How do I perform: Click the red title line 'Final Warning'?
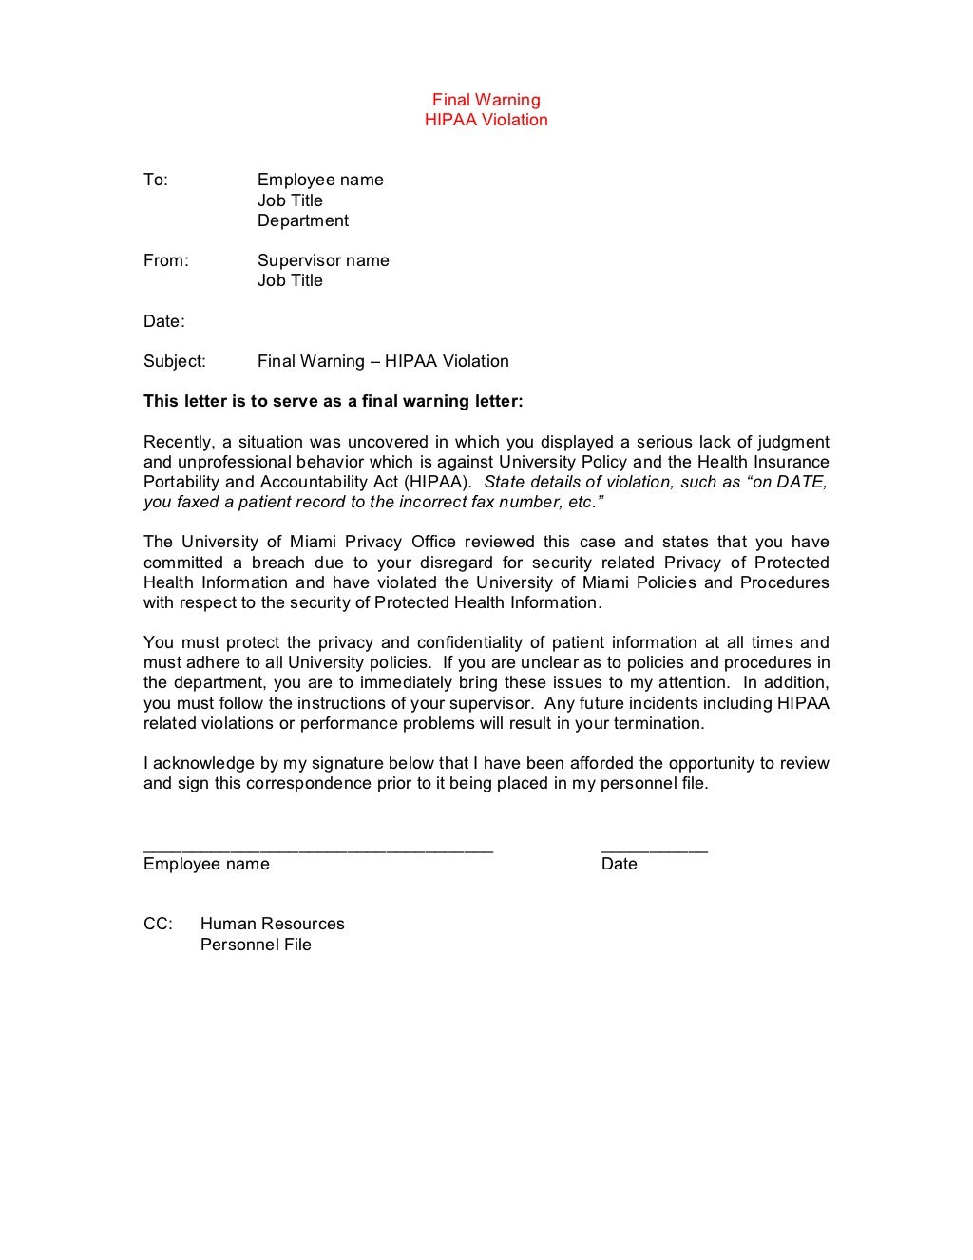[486, 100]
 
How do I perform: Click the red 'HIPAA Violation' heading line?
[486, 120]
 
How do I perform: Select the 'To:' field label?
[156, 180]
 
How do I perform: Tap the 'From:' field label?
[166, 260]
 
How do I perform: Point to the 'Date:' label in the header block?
[164, 321]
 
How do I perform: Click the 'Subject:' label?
[175, 361]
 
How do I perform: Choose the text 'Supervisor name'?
[323, 260]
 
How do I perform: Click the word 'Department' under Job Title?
[303, 220]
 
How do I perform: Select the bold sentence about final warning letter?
[333, 401]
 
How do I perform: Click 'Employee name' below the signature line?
[206, 864]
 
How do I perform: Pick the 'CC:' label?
[158, 924]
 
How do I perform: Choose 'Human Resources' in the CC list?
[272, 924]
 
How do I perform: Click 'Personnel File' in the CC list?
[256, 945]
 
